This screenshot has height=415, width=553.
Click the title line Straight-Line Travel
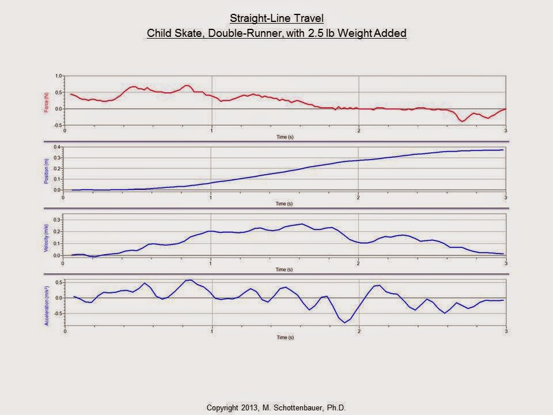point(276,18)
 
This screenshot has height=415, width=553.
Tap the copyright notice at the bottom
point(276,408)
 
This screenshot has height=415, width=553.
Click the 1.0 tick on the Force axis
point(58,76)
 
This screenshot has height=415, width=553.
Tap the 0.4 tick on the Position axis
point(57,147)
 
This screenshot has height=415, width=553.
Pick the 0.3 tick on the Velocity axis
point(57,220)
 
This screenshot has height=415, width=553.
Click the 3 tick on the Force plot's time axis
point(505,130)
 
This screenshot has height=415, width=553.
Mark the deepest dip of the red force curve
point(462,121)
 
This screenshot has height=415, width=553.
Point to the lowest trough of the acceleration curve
point(345,322)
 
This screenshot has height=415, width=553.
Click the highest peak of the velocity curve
point(302,224)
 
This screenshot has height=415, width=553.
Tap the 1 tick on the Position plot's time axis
point(211,198)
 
